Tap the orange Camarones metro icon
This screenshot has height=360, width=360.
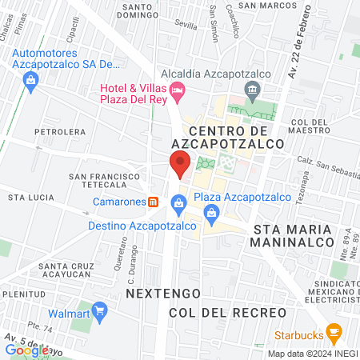tap(153, 202)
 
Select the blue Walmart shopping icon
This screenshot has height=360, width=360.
tap(100, 309)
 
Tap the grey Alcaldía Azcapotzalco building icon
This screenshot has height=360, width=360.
tap(253, 87)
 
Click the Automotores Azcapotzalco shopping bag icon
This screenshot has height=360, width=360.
tap(31, 79)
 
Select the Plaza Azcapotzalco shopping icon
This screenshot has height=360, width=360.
tap(212, 212)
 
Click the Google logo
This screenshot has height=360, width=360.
tap(26, 350)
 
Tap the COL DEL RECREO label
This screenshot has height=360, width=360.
tap(227, 311)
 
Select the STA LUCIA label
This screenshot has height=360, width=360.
tap(30, 197)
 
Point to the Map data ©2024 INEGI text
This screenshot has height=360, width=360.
tap(312, 354)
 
